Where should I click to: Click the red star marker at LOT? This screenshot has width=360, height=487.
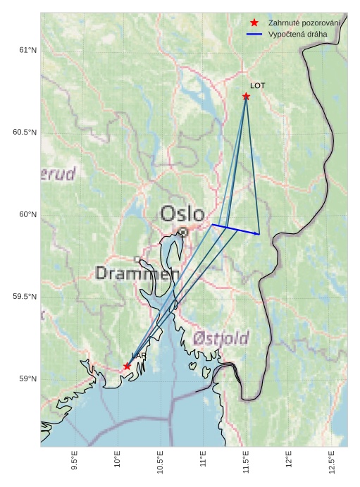[246, 96]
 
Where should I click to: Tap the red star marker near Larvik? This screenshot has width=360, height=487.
[127, 366]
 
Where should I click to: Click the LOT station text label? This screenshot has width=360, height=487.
[257, 85]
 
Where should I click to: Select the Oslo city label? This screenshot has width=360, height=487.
[182, 214]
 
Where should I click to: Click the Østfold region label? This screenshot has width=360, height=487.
[221, 339]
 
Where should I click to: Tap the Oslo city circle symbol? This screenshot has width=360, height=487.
[182, 231]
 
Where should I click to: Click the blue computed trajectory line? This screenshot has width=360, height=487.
[235, 229]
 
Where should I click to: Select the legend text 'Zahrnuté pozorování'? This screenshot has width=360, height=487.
[304, 23]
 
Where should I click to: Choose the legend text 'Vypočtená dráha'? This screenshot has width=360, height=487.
[299, 34]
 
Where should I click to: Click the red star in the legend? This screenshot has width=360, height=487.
[254, 23]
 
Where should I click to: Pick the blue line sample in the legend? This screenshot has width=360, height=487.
[254, 34]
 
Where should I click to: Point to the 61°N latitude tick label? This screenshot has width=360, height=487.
[27, 50]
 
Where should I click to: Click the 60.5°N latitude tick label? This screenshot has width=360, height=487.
[25, 132]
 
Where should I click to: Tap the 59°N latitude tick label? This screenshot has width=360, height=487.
[27, 379]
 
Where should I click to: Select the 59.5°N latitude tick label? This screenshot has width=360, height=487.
[25, 297]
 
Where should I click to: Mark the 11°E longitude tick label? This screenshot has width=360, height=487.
[203, 460]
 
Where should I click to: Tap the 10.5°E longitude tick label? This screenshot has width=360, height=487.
[160, 461]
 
